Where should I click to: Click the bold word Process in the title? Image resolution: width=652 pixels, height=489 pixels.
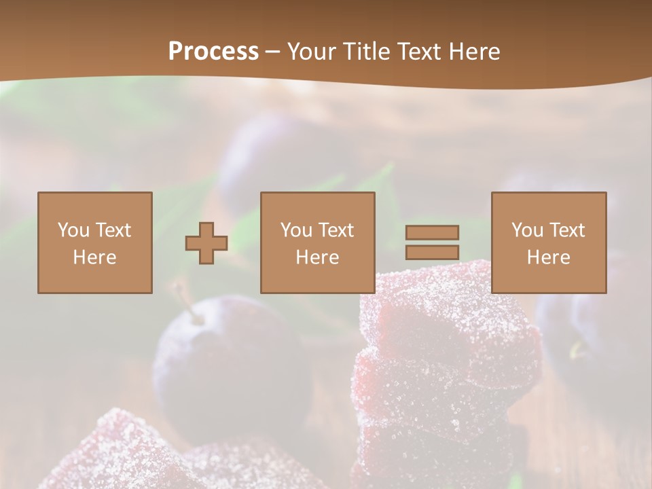coord(213,52)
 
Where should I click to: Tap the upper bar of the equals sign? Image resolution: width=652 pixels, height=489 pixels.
coord(432,232)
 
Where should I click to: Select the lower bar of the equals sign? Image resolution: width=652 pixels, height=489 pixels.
coord(432,252)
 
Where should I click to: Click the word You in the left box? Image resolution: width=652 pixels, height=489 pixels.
coord(73,230)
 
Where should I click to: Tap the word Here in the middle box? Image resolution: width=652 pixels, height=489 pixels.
coord(317,257)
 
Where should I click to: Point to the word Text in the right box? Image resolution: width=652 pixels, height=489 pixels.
coord(566,230)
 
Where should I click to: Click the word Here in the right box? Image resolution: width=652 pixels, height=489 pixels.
coord(548,257)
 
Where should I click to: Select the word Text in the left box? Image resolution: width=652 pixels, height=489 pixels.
coord(112,230)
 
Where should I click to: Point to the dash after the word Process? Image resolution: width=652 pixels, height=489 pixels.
coord(273,52)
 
